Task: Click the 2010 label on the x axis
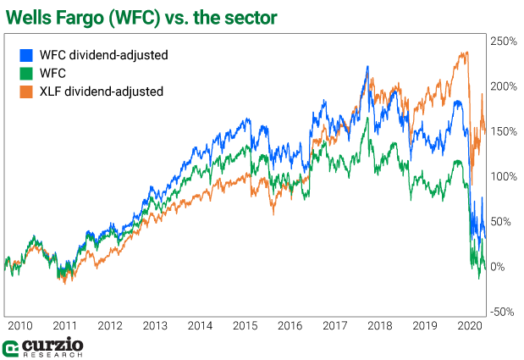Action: (19, 325)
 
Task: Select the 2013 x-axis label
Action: (154, 325)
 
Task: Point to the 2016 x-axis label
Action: (289, 325)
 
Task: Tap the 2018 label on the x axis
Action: (378, 325)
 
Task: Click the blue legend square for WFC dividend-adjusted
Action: (25, 54)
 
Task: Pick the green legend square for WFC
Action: (25, 73)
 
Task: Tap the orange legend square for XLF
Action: (25, 91)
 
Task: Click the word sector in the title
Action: (277, 14)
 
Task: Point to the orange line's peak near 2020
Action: (465, 53)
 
